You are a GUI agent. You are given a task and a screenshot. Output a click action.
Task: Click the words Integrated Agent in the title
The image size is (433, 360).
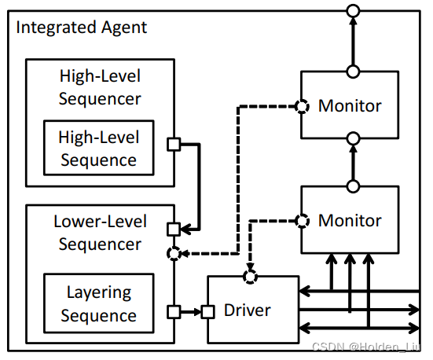pyautogui.click(x=81, y=28)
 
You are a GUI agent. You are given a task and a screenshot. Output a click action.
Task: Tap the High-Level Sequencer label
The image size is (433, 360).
pyautogui.click(x=100, y=87)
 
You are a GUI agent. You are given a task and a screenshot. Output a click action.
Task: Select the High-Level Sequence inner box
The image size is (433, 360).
pyautogui.click(x=99, y=149)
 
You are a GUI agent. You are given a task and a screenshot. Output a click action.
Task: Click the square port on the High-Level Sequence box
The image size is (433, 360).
pyautogui.click(x=174, y=144)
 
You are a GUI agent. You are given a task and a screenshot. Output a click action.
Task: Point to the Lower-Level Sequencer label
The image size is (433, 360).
pyautogui.click(x=100, y=233)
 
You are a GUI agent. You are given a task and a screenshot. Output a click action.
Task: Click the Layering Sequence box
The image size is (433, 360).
pyautogui.click(x=99, y=304)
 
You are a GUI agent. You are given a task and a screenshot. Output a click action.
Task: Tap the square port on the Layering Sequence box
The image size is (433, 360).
pyautogui.click(x=174, y=312)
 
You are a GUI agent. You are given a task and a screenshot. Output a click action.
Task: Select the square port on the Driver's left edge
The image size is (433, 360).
pyautogui.click(x=207, y=312)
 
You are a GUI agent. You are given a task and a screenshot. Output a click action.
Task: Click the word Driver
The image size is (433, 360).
pyautogui.click(x=248, y=310)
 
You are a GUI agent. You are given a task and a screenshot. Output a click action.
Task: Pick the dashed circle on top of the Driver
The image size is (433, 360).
pyautogui.click(x=251, y=277)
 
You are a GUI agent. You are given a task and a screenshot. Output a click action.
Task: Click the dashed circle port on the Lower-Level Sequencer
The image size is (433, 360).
pyautogui.click(x=174, y=254)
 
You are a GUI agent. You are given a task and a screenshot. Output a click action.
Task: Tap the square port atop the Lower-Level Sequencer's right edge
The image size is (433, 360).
pyautogui.click(x=174, y=230)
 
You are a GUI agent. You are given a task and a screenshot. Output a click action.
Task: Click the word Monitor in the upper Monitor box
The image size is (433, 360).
pyautogui.click(x=350, y=105)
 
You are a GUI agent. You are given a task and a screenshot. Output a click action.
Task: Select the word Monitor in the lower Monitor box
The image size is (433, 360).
pyautogui.click(x=350, y=221)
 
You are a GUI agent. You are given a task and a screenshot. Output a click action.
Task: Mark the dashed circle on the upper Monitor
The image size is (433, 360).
pyautogui.click(x=299, y=105)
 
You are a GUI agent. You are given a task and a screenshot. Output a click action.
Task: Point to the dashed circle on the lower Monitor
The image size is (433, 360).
pyautogui.click(x=299, y=220)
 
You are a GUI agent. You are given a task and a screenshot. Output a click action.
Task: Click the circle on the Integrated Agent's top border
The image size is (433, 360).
pyautogui.click(x=354, y=11)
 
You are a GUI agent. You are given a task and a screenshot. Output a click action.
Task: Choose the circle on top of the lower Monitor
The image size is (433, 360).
pyautogui.click(x=354, y=186)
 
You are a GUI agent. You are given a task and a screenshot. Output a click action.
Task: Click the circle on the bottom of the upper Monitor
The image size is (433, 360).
pyautogui.click(x=354, y=138)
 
